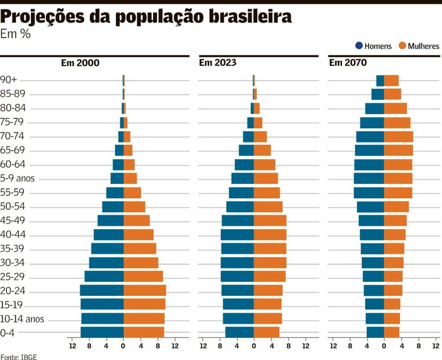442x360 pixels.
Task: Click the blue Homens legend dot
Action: (x=359, y=46)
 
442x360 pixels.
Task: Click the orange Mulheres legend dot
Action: (x=402, y=46)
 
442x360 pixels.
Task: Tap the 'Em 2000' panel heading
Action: (x=80, y=62)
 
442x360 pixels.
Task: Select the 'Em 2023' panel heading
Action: (x=217, y=62)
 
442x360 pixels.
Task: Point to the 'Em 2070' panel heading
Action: (x=348, y=62)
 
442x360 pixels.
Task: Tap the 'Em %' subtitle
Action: (x=15, y=34)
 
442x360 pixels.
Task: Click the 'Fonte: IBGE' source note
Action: (x=18, y=357)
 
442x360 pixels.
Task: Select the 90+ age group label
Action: (x=9, y=80)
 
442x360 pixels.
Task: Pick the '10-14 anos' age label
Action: (x=22, y=319)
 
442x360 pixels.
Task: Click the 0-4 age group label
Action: (x=7, y=333)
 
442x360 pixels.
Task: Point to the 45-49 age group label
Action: (x=13, y=220)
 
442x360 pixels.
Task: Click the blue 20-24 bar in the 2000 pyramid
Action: (x=102, y=290)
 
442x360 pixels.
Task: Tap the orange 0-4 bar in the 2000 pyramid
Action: (x=144, y=332)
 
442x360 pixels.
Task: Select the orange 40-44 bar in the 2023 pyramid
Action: (x=270, y=235)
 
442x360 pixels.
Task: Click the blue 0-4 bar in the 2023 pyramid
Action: (x=239, y=332)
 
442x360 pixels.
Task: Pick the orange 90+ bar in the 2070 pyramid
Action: (x=391, y=80)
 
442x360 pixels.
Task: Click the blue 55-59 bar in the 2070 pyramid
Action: (x=369, y=193)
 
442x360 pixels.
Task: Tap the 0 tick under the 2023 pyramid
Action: (x=254, y=346)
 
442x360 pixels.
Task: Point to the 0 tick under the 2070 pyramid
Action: (x=384, y=346)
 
